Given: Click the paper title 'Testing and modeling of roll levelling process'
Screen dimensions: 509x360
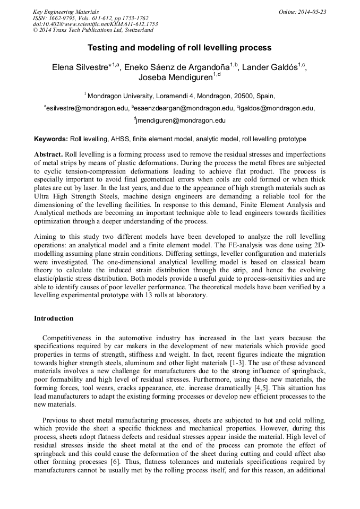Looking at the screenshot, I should tap(179, 48).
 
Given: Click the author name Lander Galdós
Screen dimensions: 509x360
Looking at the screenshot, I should tap(269, 67).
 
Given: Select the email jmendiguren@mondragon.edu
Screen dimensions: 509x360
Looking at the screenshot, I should tap(181, 120).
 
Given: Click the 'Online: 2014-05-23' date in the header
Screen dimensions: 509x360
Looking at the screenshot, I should tap(302, 12).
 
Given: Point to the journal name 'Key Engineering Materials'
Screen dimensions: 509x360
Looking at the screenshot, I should tap(65, 12).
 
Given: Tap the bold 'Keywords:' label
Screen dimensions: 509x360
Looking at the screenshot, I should tap(51, 139).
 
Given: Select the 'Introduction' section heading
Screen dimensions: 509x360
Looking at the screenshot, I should tap(54, 318).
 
